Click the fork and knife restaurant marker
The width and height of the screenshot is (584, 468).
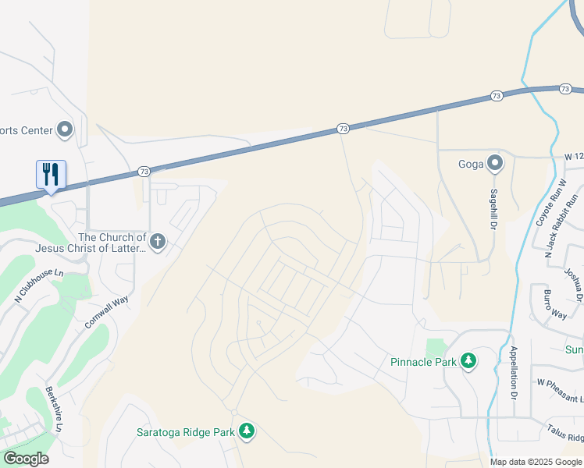51,174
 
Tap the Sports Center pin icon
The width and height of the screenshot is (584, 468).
65,129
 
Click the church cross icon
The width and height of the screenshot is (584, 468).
158,242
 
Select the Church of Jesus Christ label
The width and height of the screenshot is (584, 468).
112,243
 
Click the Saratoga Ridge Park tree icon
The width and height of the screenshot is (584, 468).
247,431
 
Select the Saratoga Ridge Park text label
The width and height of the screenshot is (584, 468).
186,432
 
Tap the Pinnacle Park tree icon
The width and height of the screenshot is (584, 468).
468,360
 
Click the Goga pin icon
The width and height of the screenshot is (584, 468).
494,163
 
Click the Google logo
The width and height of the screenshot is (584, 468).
25,459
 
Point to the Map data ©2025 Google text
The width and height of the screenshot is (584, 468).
535,462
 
